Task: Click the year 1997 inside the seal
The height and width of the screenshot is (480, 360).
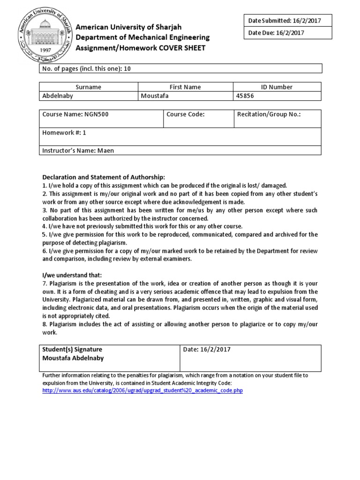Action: pyautogui.click(x=42, y=51)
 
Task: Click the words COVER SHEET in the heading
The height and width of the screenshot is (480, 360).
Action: pyautogui.click(x=184, y=48)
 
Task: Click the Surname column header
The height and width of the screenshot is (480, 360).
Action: pyautogui.click(x=89, y=87)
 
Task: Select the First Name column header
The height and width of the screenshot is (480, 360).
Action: pyautogui.click(x=185, y=87)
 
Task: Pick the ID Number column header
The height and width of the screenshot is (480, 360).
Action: pyautogui.click(x=277, y=87)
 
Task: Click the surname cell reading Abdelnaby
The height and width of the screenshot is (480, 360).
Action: pyautogui.click(x=58, y=96)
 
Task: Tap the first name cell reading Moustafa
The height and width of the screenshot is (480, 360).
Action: pyautogui.click(x=154, y=96)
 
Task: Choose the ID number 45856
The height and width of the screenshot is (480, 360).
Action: pyautogui.click(x=247, y=96)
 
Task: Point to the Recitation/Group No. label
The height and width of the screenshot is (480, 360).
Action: pyautogui.click(x=269, y=114)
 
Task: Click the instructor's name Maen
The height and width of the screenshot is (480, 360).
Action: pyautogui.click(x=105, y=151)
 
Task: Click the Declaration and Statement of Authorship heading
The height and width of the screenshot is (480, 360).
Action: pyautogui.click(x=104, y=177)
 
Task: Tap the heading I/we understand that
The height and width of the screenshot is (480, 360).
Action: pyautogui.click(x=72, y=275)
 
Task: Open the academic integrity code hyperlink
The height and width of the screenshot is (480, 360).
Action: pyautogui.click(x=142, y=390)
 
